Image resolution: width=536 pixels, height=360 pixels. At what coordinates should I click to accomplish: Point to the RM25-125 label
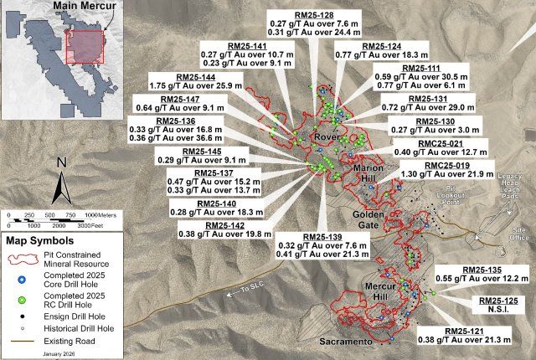[497, 300]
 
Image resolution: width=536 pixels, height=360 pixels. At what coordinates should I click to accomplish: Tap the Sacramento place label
[344, 342]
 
